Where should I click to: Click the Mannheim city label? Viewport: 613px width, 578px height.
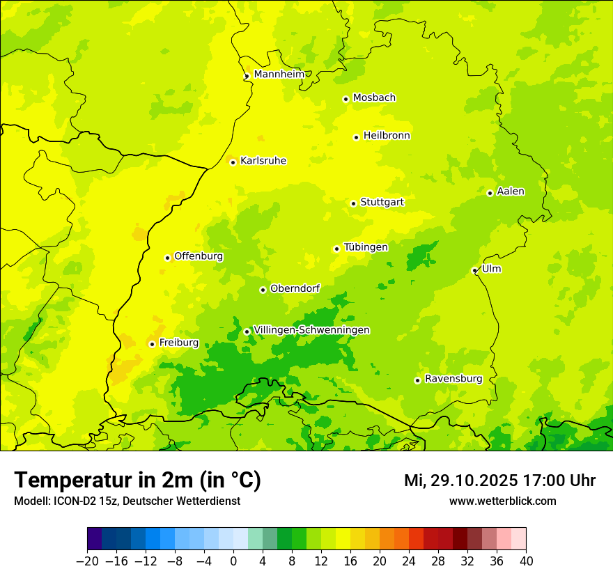coord(279,75)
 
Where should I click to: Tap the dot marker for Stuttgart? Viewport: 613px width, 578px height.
coord(354,203)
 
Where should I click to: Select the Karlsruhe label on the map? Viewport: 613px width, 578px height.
coord(263,161)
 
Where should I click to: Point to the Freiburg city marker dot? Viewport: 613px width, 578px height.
coord(152,344)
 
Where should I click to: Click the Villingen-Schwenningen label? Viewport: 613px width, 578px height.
coord(311,330)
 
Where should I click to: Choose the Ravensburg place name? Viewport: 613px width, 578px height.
coord(453,379)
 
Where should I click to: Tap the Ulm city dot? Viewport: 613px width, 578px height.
coord(475,270)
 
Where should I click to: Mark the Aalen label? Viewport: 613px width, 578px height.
coord(510,192)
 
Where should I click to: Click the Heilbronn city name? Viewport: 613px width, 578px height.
coord(387,136)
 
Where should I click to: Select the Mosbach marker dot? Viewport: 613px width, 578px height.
coord(346,99)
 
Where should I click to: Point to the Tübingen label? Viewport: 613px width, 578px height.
coord(365,247)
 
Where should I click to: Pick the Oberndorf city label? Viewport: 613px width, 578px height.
coord(295,288)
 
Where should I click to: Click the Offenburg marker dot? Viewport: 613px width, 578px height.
coord(168,258)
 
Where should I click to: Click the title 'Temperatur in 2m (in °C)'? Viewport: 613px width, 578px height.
coord(137,481)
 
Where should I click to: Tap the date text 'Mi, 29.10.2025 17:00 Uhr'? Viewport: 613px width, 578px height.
coord(499,481)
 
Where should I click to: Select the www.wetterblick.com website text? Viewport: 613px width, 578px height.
coord(502,501)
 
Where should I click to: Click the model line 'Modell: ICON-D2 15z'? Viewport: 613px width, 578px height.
coord(127,501)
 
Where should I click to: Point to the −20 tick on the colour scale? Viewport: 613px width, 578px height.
coord(87,561)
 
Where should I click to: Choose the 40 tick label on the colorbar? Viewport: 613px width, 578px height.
coord(526,561)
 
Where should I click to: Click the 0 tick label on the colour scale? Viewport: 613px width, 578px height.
coord(233,561)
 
